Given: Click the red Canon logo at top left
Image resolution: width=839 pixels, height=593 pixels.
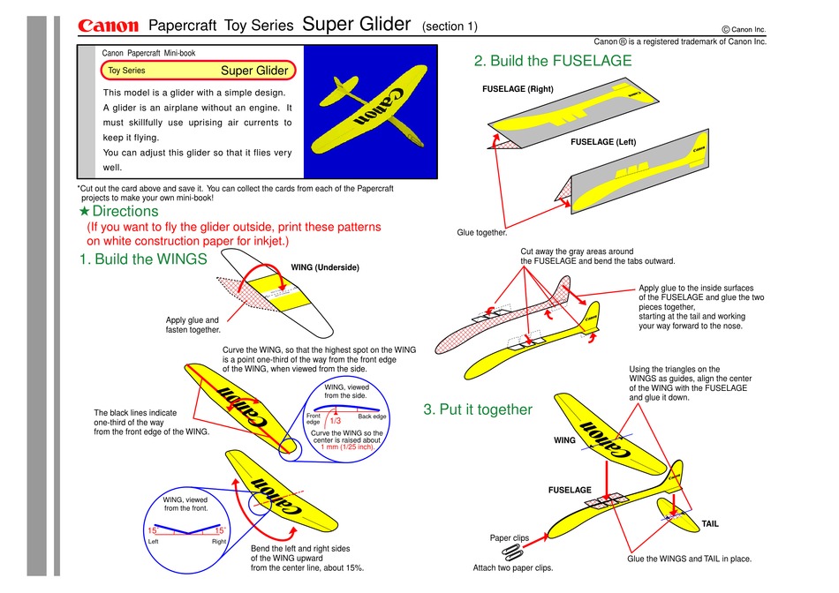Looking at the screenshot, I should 109,26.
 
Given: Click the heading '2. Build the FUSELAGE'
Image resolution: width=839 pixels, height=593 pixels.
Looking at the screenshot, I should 553,61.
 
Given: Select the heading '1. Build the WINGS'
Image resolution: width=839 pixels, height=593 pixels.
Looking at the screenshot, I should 142,259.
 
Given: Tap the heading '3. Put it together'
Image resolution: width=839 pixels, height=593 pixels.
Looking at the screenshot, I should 478,409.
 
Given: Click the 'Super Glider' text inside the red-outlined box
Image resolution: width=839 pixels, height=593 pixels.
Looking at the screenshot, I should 253,71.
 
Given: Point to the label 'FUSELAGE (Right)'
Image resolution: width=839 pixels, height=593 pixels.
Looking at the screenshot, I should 518,90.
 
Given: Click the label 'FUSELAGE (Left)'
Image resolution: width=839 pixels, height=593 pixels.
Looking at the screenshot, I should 603,142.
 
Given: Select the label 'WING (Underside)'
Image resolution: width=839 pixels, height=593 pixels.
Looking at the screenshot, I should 325,267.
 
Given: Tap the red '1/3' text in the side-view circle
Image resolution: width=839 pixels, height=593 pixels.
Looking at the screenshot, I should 335,422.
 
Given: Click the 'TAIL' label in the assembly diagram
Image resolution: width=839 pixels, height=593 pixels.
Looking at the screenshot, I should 710,524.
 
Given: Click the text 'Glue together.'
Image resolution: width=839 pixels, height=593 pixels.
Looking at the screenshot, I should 481,233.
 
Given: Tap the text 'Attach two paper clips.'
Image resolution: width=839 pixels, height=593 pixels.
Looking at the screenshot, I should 513,568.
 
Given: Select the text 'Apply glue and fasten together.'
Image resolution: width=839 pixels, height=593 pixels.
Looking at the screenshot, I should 192,325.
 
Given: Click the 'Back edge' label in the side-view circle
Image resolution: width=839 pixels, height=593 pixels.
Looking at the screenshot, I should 372,417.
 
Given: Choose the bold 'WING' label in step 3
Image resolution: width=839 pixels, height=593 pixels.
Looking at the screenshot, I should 564,439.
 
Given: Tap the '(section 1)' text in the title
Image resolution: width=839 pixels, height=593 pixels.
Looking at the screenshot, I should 450,26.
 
